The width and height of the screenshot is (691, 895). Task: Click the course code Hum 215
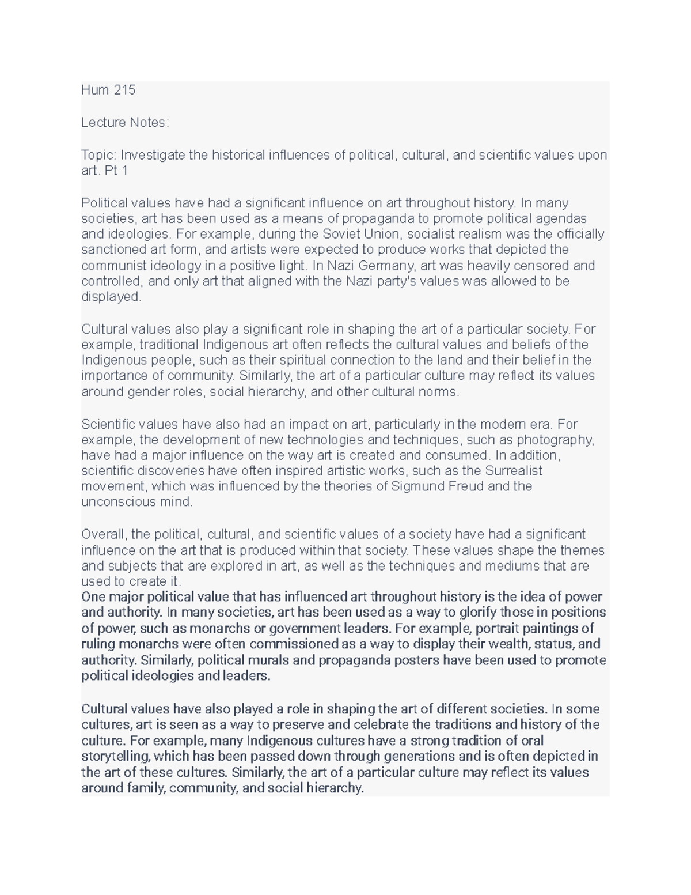pyautogui.click(x=108, y=90)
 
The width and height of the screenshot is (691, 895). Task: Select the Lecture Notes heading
pyautogui.click(x=125, y=122)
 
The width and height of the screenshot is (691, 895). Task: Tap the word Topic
pyautogui.click(x=98, y=155)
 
